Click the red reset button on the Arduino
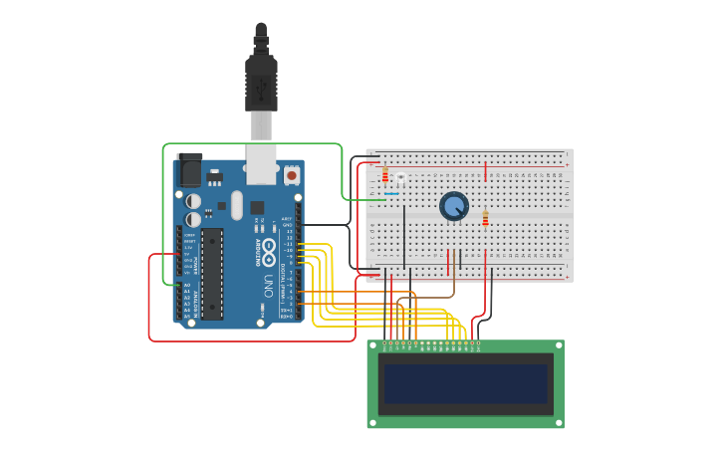click(x=292, y=175)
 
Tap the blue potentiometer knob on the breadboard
click(x=454, y=206)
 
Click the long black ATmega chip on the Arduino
click(x=212, y=274)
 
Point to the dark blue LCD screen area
click(x=466, y=383)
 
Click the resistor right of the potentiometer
click(x=486, y=219)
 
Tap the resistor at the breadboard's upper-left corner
click(x=385, y=176)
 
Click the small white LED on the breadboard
click(x=400, y=177)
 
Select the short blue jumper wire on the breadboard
click(x=391, y=193)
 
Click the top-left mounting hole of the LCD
click(x=373, y=346)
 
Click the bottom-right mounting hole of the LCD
click(x=558, y=422)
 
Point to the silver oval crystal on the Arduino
click(x=236, y=205)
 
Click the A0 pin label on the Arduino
click(x=186, y=287)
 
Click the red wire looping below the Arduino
click(x=249, y=340)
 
